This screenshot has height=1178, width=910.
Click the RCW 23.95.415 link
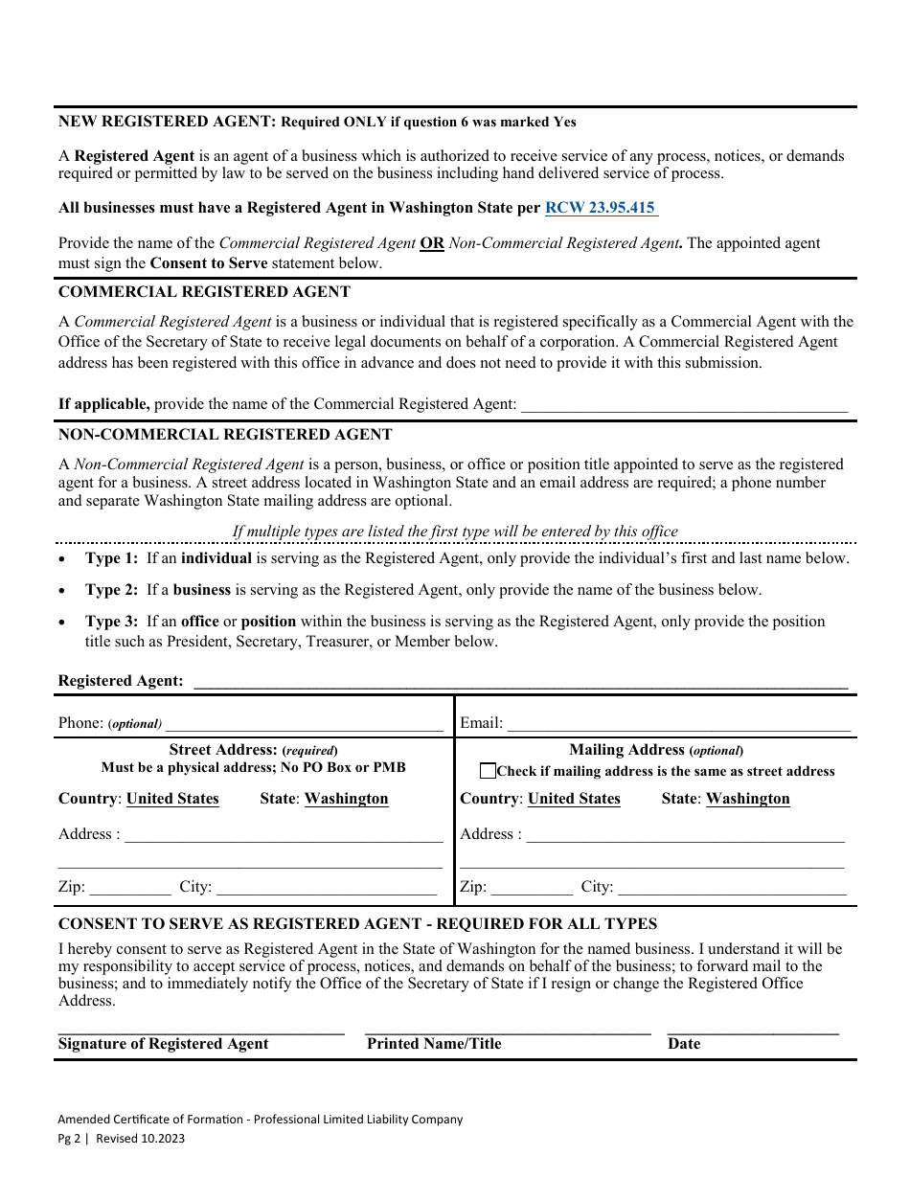click(601, 208)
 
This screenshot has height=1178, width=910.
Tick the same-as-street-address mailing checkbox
click(489, 771)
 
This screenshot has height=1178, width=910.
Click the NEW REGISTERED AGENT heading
click(167, 122)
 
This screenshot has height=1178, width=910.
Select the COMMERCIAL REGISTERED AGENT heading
click(204, 291)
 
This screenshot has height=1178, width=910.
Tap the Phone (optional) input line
click(304, 724)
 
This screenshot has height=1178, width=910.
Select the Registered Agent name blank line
click(520, 681)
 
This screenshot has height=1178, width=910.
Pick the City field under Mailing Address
click(732, 887)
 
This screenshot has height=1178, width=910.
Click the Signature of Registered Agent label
click(164, 1044)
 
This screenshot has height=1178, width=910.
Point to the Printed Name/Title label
click(434, 1044)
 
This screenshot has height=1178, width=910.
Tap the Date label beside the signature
click(684, 1044)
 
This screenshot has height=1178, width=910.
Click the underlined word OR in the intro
click(432, 243)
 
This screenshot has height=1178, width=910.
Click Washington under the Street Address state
click(346, 799)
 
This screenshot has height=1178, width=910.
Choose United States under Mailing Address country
click(574, 799)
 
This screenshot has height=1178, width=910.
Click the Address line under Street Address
click(284, 835)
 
